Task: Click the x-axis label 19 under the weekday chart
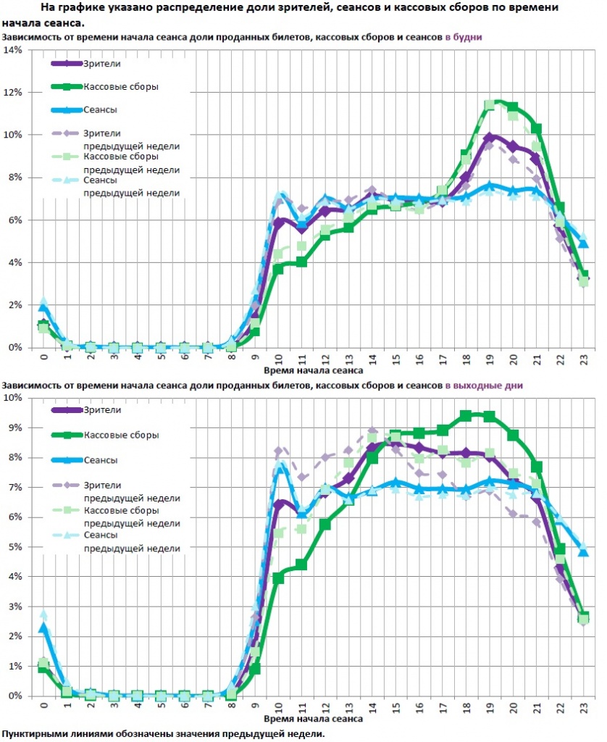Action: pyautogui.click(x=490, y=358)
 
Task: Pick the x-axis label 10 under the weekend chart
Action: pyautogui.click(x=278, y=706)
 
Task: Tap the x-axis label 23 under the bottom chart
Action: pyautogui.click(x=584, y=706)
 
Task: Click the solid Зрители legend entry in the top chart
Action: pyautogui.click(x=101, y=64)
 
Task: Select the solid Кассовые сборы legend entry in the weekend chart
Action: pyautogui.click(x=121, y=435)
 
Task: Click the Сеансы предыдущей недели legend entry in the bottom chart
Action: pyautogui.click(x=131, y=542)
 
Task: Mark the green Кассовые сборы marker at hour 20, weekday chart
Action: pyautogui.click(x=513, y=107)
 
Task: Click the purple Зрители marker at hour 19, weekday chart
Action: pyautogui.click(x=490, y=138)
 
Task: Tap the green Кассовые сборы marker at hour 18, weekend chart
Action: pyautogui.click(x=466, y=415)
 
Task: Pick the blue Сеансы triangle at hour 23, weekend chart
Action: pyautogui.click(x=584, y=551)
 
